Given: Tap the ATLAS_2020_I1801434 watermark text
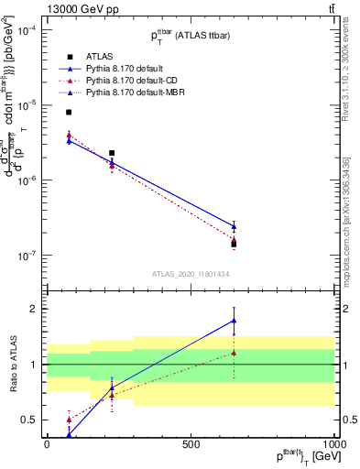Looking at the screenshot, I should click(190, 275).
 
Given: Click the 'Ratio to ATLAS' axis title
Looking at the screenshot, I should click(13, 365).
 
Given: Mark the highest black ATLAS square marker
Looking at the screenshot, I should click(69, 112).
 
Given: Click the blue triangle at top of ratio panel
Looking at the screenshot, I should click(234, 321).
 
